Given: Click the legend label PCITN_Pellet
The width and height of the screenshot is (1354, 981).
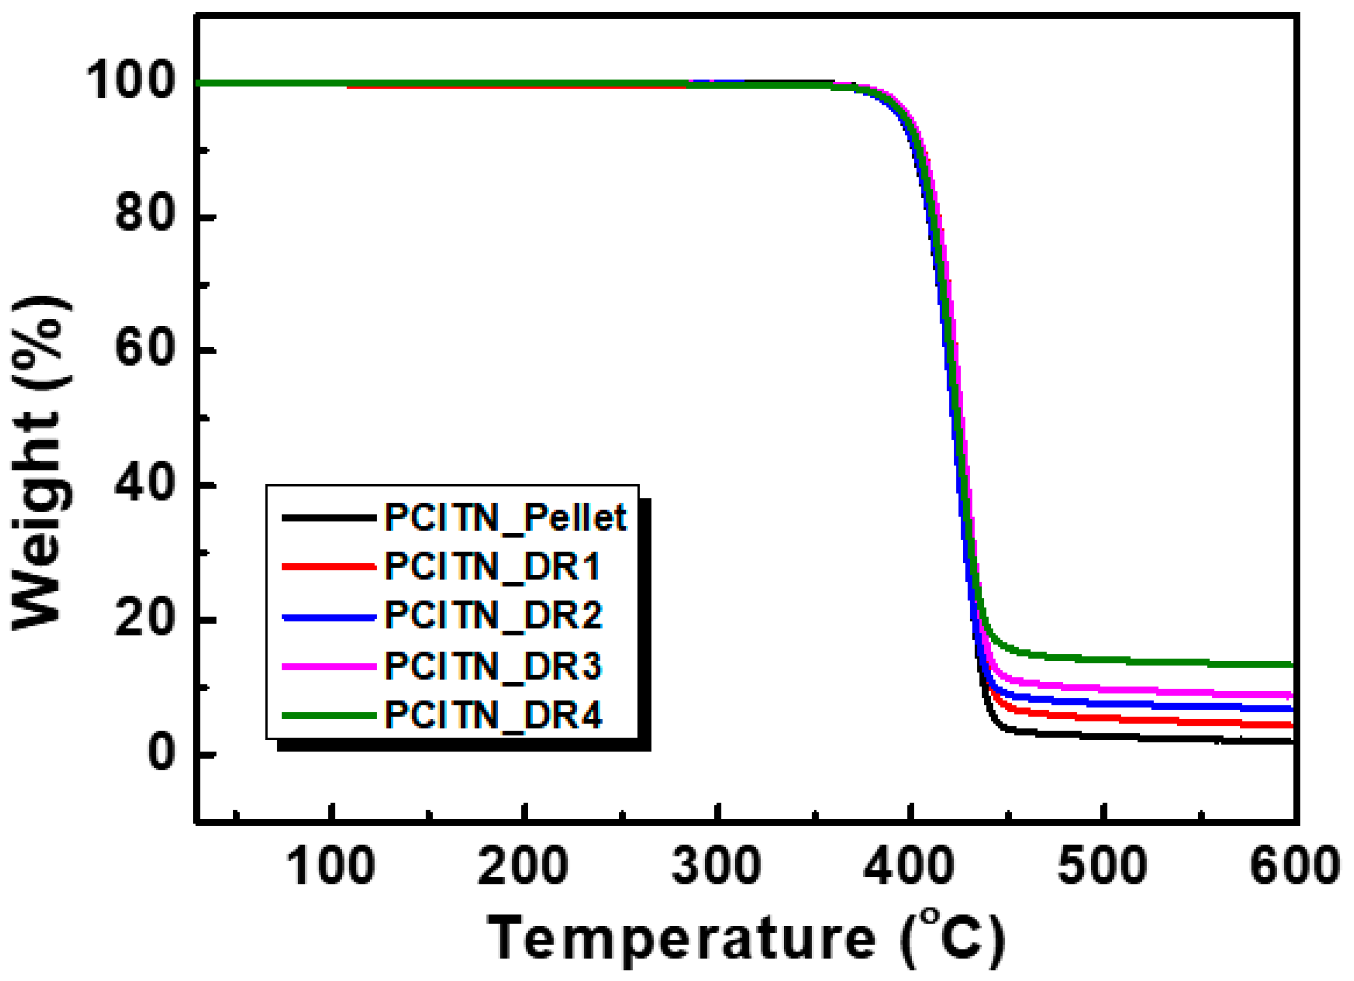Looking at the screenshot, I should point(505,517).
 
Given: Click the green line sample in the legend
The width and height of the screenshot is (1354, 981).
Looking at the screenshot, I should point(329,715).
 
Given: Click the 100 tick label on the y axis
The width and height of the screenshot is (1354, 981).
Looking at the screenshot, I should point(131,81).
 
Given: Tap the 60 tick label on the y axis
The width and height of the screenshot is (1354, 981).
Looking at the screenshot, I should point(145,349).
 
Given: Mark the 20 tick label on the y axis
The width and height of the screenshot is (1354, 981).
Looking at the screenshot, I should point(145,619).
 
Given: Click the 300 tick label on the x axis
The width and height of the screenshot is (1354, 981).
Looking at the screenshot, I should point(717,866).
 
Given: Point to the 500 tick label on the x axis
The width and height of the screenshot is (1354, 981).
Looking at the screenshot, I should point(1102,866).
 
